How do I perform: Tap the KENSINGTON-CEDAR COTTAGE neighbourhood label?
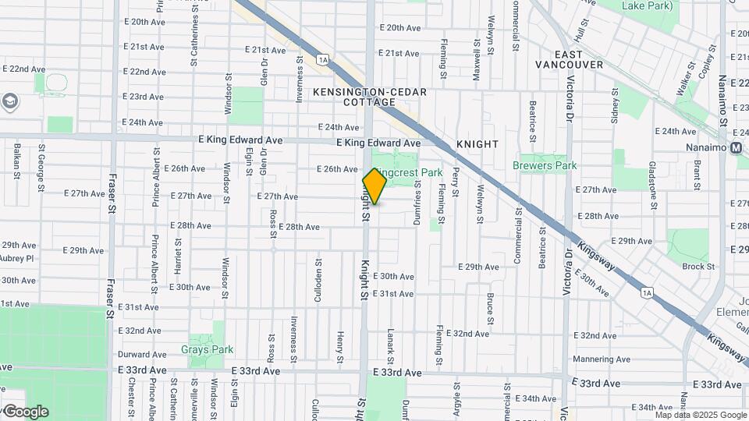(370, 97)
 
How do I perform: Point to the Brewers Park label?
(545, 165)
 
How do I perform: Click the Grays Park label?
(207, 350)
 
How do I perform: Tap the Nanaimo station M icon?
(738, 148)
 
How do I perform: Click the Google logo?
(25, 412)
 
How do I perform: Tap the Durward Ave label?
(142, 354)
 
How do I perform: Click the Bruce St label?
(490, 309)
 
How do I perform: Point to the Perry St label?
(455, 180)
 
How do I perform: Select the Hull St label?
(580, 31)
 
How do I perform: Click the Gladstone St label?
(651, 180)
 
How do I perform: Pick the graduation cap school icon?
(10, 101)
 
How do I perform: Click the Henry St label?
(340, 347)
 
